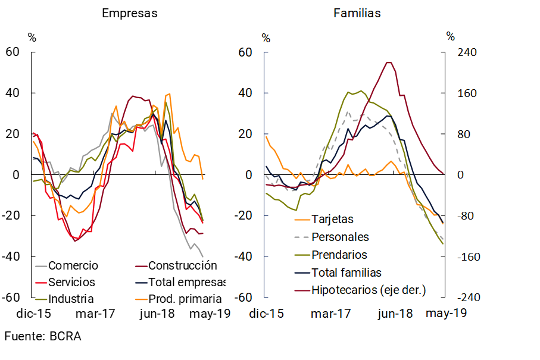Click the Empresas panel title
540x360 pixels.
pyautogui.click(x=129, y=13)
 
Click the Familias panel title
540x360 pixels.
pyautogui.click(x=357, y=13)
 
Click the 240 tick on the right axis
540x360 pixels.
pyautogui.click(x=467, y=52)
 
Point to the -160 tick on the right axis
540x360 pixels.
pyautogui.click(x=467, y=256)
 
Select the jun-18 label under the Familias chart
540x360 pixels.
pyautogui.click(x=395, y=313)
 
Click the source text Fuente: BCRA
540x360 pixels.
pyautogui.click(x=43, y=336)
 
